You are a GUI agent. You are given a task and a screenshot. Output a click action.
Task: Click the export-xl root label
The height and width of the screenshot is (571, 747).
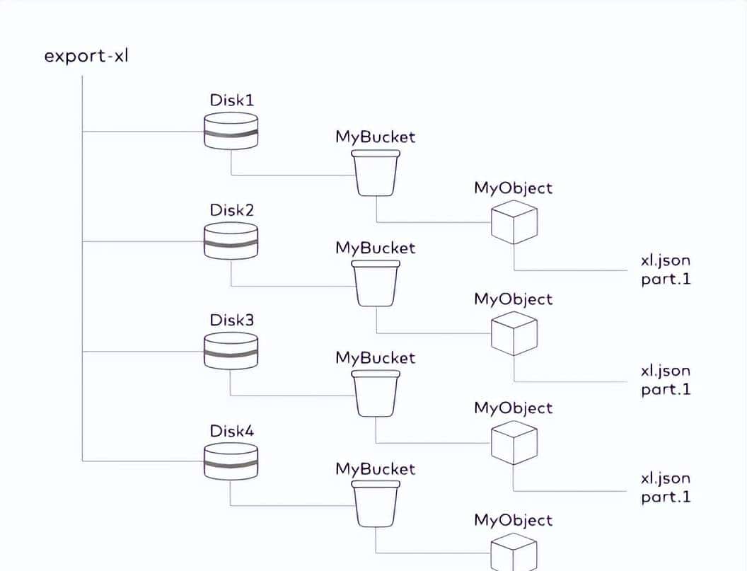[x=86, y=55]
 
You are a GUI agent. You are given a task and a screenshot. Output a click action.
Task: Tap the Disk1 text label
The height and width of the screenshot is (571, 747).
[x=231, y=100]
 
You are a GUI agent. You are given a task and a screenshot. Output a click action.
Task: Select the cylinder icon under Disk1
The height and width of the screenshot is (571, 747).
[x=231, y=131]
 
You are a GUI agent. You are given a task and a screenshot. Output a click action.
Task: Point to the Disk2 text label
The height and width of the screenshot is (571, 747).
[x=231, y=210]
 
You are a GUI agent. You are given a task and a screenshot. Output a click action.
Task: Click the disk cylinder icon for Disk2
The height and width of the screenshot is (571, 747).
[x=231, y=241]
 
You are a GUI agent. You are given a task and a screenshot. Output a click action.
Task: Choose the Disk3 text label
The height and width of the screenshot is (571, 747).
[x=231, y=320]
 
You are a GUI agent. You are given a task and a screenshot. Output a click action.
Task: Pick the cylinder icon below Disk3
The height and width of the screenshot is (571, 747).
[x=231, y=350]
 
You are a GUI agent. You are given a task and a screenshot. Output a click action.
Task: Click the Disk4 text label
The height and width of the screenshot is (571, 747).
[x=231, y=431]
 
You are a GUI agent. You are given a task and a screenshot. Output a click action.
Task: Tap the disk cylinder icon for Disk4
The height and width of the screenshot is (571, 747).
[x=231, y=461]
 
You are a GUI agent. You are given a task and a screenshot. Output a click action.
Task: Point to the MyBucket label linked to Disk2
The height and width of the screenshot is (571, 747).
[x=376, y=248]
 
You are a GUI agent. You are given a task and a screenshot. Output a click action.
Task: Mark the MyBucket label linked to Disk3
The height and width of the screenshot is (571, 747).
[x=376, y=358]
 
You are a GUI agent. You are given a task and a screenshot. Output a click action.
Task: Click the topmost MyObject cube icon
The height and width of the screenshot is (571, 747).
[x=514, y=221]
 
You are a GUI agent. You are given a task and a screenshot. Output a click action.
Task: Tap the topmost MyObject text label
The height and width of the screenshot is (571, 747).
[x=514, y=188]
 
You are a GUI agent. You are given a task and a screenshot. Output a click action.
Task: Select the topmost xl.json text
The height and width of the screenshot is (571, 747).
[x=665, y=261]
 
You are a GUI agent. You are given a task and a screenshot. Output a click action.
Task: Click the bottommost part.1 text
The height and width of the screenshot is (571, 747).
[x=665, y=497]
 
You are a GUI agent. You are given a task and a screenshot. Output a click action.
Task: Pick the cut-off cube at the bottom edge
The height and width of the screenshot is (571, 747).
[x=514, y=553]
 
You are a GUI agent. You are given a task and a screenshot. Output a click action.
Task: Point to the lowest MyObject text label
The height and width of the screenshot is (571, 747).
[x=514, y=521]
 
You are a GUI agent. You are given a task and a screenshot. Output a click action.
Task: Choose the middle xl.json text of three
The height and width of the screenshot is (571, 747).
[x=665, y=371]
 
